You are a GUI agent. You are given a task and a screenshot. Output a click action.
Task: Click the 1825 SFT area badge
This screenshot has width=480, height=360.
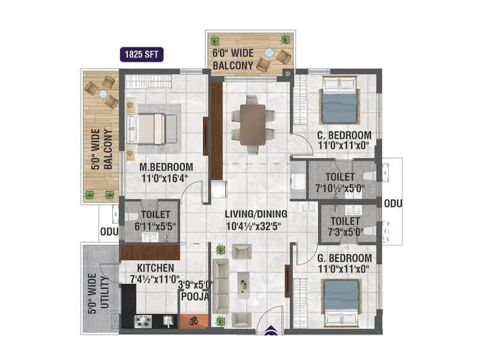[141, 55]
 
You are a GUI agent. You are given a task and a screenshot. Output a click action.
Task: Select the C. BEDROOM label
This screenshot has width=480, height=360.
[344, 135]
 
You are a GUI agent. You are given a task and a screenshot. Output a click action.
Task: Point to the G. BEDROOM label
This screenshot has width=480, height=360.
[344, 258]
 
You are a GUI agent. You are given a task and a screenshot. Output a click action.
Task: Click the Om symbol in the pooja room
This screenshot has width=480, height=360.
[194, 321]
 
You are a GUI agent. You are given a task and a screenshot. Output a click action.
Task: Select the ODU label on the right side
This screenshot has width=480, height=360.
[393, 203]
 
